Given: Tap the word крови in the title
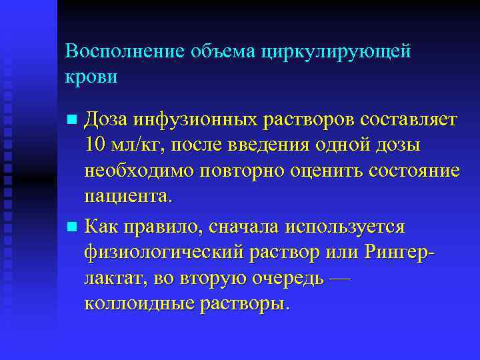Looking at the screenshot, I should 91,77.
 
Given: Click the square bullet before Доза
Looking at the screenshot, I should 73,121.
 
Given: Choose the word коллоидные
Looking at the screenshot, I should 137,305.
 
